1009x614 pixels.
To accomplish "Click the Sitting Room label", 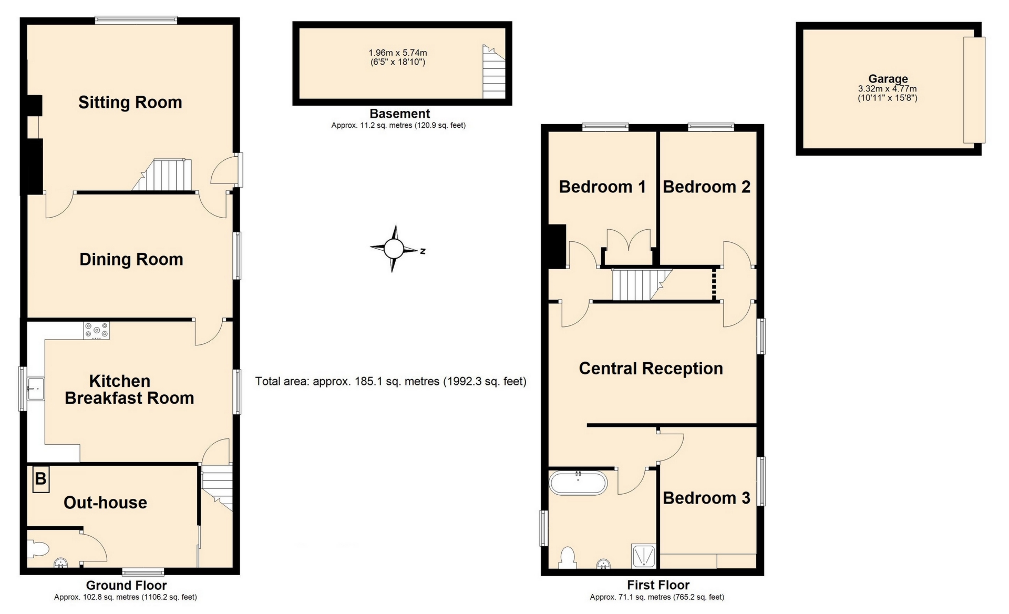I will [130, 102].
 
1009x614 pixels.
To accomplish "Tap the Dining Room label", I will [131, 259].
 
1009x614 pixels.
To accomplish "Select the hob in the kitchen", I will [96, 330].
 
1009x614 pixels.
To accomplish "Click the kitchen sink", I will [36, 389].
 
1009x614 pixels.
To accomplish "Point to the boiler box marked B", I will [40, 479].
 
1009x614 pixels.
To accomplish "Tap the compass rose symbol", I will [394, 249].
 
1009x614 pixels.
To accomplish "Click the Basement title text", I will [399, 114].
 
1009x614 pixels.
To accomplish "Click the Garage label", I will [888, 79].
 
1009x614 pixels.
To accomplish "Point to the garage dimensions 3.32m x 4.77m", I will [887, 89].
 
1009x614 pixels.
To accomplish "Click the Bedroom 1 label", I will [602, 187].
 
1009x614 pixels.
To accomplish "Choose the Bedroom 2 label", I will [706, 187].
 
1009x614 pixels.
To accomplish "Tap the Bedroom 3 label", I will [706, 498].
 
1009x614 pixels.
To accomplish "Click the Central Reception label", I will [651, 369].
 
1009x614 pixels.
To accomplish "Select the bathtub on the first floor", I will [578, 483].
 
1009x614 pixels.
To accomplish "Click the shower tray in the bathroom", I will [644, 556].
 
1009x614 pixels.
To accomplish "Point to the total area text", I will [390, 381].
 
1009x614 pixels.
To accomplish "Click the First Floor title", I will [658, 585].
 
